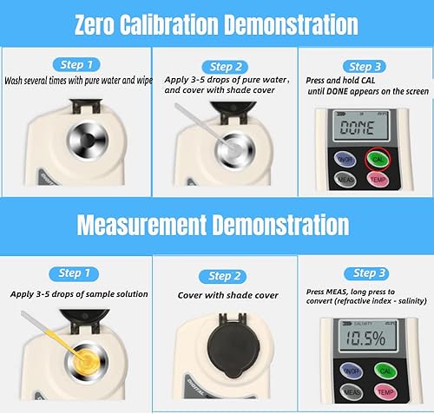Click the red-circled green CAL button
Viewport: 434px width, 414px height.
(x=378, y=159)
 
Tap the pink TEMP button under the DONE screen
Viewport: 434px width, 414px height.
(x=378, y=180)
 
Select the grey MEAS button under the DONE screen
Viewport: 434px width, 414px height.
(x=345, y=180)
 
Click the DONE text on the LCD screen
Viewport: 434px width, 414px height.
(x=357, y=128)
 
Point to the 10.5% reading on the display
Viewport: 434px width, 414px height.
(x=365, y=338)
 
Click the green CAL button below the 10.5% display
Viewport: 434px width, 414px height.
(x=385, y=371)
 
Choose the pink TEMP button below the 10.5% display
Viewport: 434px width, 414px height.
(x=385, y=392)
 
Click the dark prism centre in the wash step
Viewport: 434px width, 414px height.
(x=89, y=141)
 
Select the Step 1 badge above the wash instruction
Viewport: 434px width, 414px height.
(x=76, y=64)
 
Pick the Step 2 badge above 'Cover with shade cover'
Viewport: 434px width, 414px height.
(x=222, y=276)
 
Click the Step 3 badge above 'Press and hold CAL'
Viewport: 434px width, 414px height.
(x=365, y=67)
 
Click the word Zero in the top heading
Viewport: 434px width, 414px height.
(x=95, y=25)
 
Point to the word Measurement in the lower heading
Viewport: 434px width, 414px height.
(x=141, y=226)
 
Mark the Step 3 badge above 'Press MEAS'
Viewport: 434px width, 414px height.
(x=366, y=273)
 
